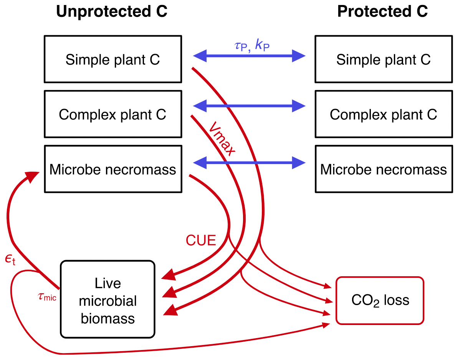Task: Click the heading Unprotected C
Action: click(112, 12)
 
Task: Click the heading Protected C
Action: click(382, 12)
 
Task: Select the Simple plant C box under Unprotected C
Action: click(112, 59)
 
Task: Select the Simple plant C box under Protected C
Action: click(384, 59)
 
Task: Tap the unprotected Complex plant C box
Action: click(112, 114)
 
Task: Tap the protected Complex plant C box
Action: click(384, 114)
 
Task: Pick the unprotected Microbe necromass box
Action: click(112, 169)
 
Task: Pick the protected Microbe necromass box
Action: click(384, 169)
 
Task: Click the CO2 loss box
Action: click(380, 300)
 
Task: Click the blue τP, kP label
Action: click(254, 46)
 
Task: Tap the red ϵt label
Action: click(10, 260)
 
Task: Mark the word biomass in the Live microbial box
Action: click(107, 318)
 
